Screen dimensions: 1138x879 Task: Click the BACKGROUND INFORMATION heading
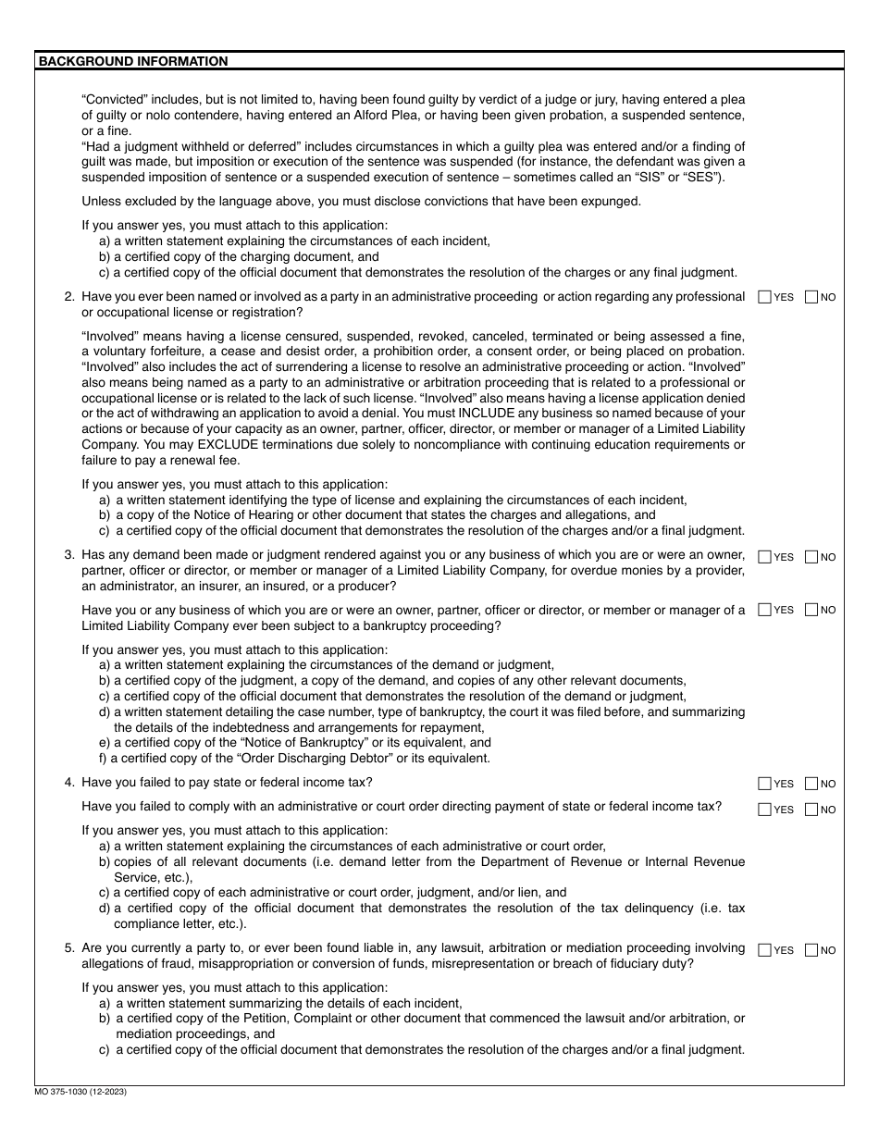pos(132,61)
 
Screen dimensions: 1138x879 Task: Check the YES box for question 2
pos(764,297)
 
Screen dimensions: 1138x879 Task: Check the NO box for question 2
pos(811,297)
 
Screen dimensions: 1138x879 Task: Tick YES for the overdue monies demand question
pos(764,557)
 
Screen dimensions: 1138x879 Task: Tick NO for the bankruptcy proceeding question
pos(811,610)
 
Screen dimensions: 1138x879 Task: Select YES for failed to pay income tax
pos(764,784)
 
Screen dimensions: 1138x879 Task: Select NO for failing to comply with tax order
pos(811,810)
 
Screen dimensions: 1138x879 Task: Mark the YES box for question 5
pos(764,949)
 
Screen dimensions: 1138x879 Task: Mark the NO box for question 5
pos(811,949)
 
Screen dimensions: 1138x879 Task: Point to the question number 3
pos(69,555)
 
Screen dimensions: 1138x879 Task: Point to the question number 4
pos(69,782)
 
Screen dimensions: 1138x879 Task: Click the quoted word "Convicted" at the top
pos(115,99)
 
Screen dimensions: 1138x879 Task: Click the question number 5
pos(69,947)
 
